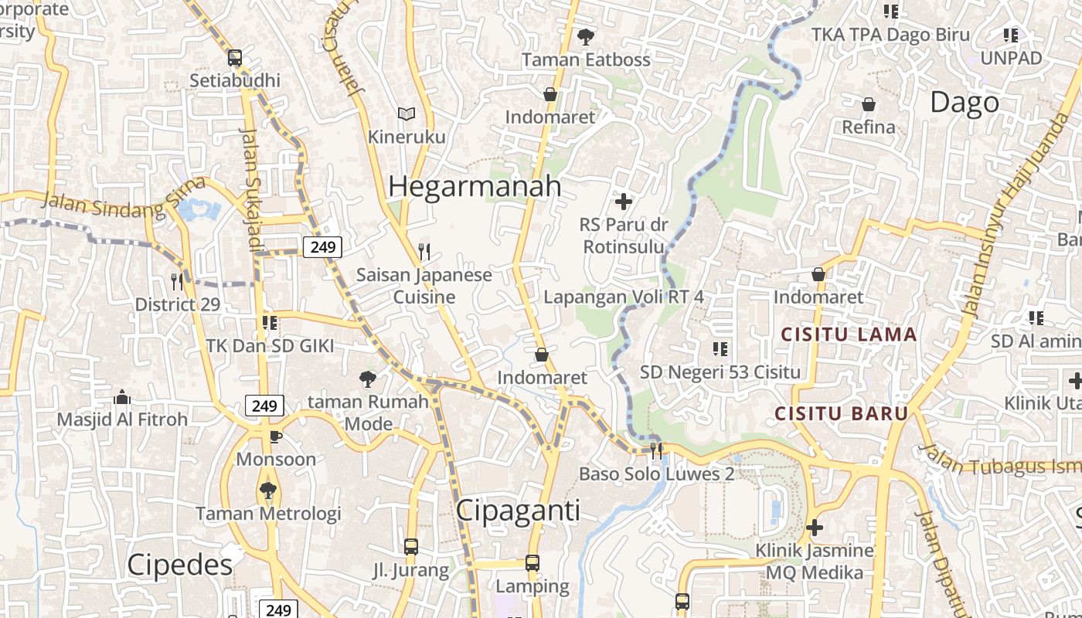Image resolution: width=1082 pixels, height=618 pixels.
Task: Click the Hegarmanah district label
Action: point(475,186)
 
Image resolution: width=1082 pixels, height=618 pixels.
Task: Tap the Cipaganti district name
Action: point(518,511)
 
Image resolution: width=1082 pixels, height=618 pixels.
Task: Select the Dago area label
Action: point(964,102)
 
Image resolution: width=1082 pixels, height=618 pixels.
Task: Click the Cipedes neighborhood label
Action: point(179,565)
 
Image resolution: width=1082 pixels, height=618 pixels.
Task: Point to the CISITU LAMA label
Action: point(849,335)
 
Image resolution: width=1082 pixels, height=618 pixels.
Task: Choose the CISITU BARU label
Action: point(841,413)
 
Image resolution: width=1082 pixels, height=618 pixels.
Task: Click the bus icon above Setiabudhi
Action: point(235,58)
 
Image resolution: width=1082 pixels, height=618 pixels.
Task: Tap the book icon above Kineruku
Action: point(407,114)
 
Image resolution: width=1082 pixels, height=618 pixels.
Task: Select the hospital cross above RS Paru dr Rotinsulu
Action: point(623,202)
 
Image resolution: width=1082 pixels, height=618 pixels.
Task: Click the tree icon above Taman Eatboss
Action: point(586,36)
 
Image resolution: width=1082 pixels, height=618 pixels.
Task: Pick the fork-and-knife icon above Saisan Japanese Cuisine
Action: point(424,252)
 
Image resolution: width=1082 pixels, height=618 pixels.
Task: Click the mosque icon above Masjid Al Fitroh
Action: point(122,397)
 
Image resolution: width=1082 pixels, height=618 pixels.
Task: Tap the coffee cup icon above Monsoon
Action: point(275,437)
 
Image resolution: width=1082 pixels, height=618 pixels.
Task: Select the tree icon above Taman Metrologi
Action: point(268,490)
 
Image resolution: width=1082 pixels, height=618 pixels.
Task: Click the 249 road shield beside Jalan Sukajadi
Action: point(322,247)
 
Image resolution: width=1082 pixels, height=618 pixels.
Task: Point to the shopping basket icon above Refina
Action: point(869,104)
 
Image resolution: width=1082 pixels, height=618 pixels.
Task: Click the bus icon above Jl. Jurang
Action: point(411,547)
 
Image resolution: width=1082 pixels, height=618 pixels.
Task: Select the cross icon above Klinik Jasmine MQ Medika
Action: point(815,528)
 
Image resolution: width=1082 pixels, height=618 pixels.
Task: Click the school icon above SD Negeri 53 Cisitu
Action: point(720,349)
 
